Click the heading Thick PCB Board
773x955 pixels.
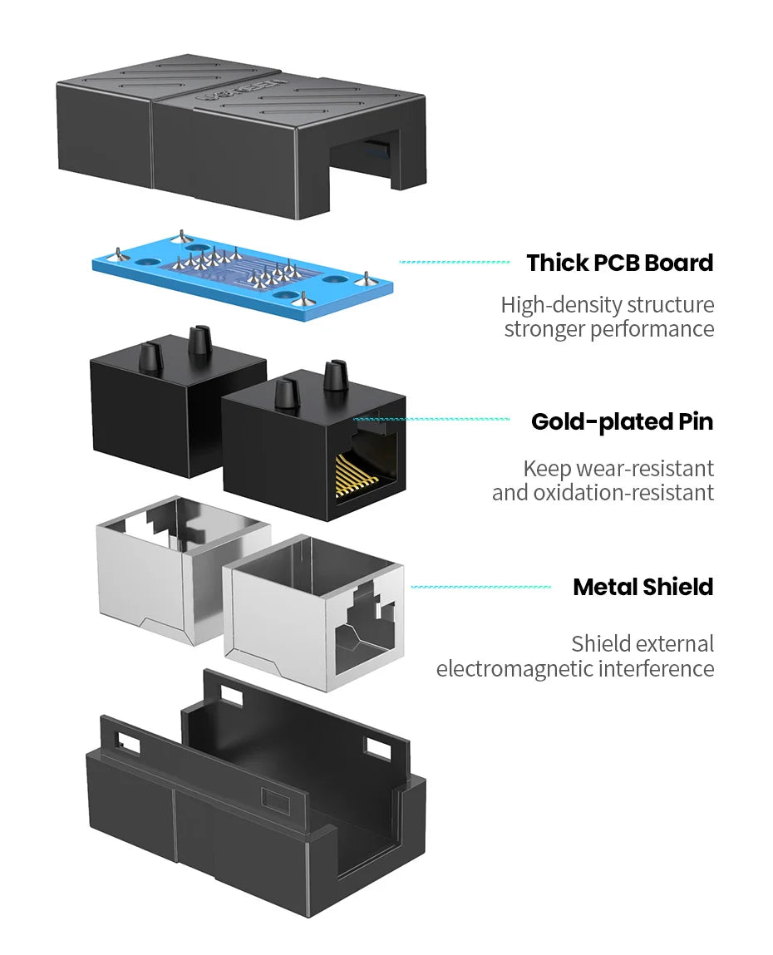pyautogui.click(x=619, y=263)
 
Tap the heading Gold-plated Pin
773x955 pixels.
pyautogui.click(x=622, y=421)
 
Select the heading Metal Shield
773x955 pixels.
pyautogui.click(x=643, y=587)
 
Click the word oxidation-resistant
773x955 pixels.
pyautogui.click(x=623, y=493)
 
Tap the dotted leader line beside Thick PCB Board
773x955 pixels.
pyautogui.click(x=455, y=262)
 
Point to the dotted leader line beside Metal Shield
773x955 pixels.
pyautogui.click(x=480, y=587)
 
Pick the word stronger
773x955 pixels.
pyautogui.click(x=545, y=329)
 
